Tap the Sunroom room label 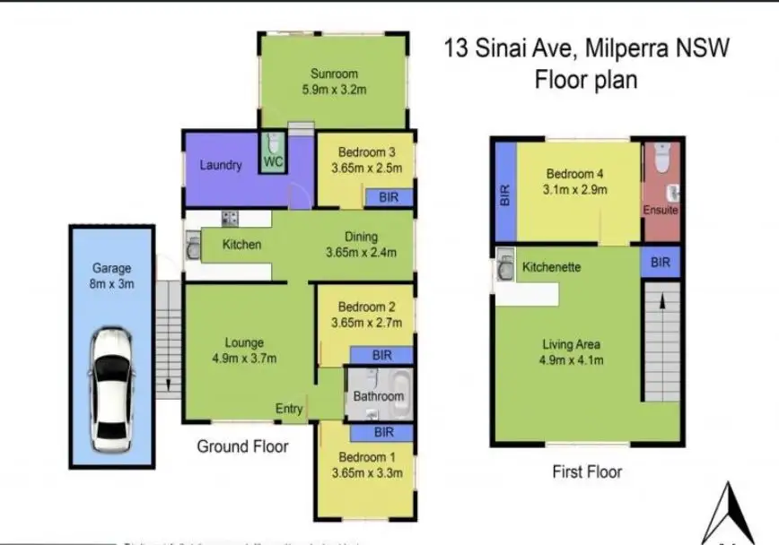point(335,74)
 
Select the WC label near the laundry point(272,163)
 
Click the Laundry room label point(220,165)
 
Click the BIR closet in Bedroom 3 point(389,196)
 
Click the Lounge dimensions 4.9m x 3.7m point(244,359)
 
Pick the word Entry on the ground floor point(289,409)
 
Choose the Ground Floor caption point(242,446)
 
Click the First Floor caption point(588,471)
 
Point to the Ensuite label point(660,210)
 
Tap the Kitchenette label point(551,267)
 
